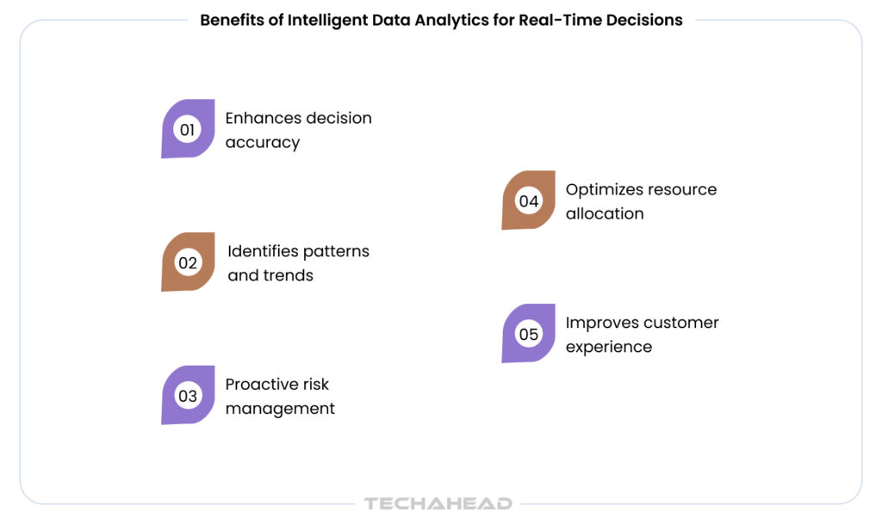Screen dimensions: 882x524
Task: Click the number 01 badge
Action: coord(188,128)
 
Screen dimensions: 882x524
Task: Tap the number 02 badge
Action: coord(188,262)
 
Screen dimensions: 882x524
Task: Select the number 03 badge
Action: coord(188,395)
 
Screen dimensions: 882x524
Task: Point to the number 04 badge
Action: coord(528,200)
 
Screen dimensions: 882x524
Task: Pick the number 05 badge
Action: coord(528,333)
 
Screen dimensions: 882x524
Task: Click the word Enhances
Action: coord(263,118)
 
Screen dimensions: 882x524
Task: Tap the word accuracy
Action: coord(263,143)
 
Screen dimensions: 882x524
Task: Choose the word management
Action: coord(280,409)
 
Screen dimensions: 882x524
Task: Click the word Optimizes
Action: coord(601,190)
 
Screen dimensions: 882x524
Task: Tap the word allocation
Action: coord(605,213)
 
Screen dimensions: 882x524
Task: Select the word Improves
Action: coord(601,323)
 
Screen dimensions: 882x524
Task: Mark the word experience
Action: coord(609,347)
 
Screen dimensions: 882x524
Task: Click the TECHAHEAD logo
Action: coord(438,503)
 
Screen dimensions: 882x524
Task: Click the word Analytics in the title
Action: coord(452,21)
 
